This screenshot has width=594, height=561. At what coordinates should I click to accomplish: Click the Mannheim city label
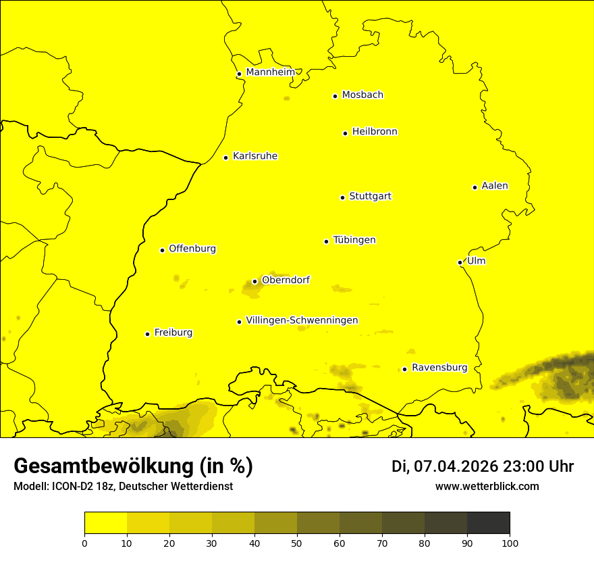270,72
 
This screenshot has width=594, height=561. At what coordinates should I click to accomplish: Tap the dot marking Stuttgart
342,197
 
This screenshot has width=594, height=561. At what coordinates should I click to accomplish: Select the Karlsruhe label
255,156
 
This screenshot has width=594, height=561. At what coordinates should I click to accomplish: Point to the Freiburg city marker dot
147,334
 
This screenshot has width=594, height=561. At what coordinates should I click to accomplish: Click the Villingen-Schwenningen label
302,320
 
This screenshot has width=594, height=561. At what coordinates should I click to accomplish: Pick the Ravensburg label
439,368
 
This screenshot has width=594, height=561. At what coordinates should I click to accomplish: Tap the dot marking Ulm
460,262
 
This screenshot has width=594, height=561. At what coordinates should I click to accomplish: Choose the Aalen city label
495,186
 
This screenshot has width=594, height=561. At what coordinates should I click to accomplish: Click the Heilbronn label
375,132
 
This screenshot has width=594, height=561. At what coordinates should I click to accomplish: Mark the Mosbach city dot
335,96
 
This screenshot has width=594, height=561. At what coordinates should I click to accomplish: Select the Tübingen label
354,240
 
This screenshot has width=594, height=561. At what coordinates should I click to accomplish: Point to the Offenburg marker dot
162,250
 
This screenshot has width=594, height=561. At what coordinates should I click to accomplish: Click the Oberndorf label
286,280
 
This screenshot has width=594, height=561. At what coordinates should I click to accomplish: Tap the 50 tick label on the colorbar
297,543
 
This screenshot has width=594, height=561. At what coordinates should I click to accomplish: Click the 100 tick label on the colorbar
510,543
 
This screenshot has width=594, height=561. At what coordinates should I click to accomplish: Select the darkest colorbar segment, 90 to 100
488,523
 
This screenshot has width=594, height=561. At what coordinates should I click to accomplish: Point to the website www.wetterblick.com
487,487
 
